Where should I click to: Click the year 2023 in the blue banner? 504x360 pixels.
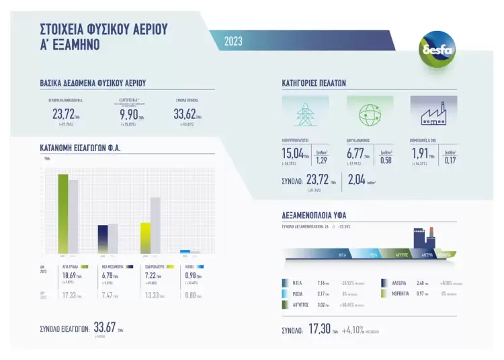click(x=233, y=41)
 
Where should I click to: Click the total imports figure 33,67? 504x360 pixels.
click(x=104, y=327)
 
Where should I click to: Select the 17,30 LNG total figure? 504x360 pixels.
click(x=318, y=330)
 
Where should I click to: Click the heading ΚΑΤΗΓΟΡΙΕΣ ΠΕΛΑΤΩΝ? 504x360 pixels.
click(x=313, y=83)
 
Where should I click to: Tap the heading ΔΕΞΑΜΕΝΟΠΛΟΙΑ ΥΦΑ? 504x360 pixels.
click(x=314, y=216)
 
